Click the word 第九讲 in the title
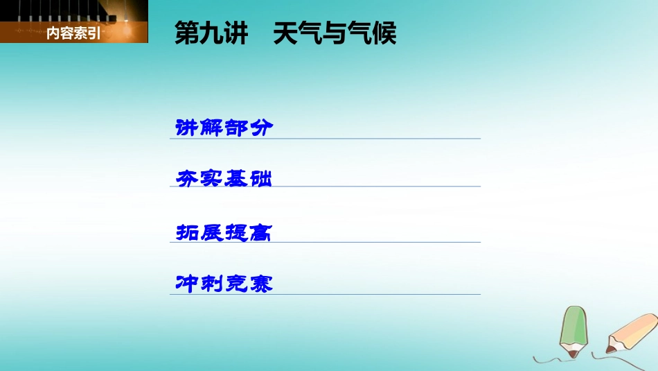pos(211,33)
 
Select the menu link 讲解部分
pos(224,128)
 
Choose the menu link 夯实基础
pos(224,179)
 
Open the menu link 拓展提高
pos(224,232)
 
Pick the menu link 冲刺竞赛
pos(224,284)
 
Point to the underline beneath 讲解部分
pos(326,139)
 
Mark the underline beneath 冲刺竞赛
pos(326,295)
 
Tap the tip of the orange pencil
pos(610,350)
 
